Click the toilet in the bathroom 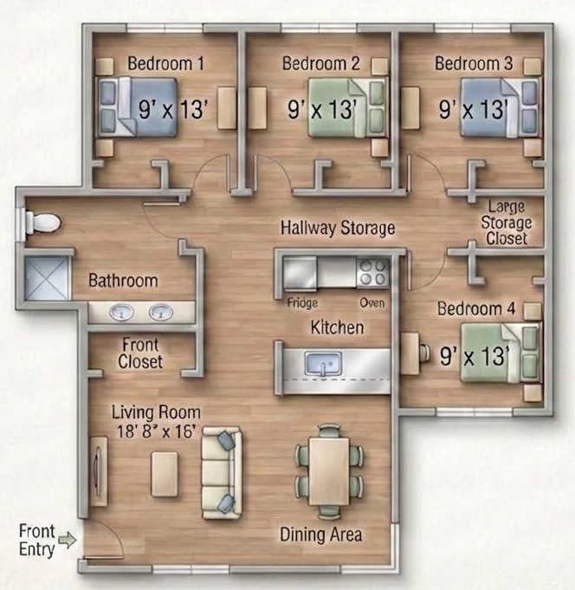(42, 223)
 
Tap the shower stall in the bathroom (48, 278)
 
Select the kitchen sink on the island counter (323, 364)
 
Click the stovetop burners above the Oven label (372, 272)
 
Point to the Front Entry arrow (68, 540)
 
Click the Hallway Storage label (338, 228)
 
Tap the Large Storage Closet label (507, 223)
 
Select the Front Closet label (140, 353)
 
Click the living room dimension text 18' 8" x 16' (157, 431)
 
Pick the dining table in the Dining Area (329, 471)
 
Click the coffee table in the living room (165, 474)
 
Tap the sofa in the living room (221, 472)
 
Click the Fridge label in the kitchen (302, 303)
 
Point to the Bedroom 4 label (476, 308)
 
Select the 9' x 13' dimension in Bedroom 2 (322, 109)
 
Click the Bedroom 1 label (165, 63)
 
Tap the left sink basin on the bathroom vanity (121, 312)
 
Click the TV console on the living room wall (99, 471)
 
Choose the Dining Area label (320, 535)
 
